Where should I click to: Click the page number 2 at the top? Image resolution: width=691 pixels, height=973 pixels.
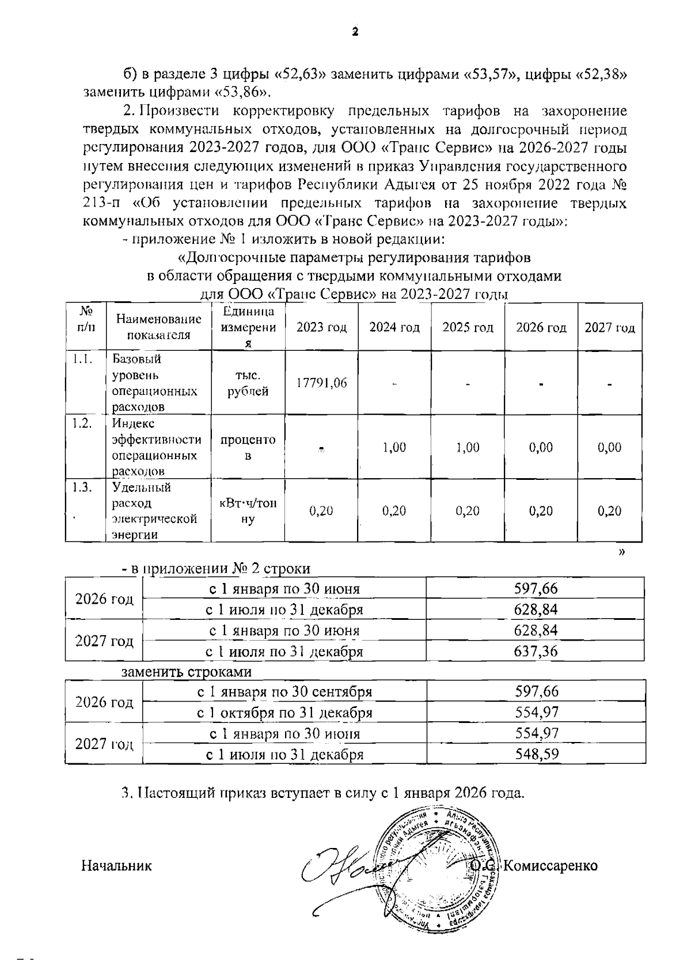[355, 31]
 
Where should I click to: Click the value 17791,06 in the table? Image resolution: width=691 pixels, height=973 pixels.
[321, 383]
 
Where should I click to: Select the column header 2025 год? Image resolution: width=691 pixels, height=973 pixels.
[468, 328]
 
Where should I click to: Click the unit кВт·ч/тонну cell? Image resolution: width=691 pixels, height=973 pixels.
[248, 510]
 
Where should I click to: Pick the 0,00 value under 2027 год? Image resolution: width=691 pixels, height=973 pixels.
[609, 447]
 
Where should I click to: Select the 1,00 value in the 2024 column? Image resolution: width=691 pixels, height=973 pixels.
[394, 447]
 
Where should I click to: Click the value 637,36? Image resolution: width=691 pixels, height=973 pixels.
[536, 652]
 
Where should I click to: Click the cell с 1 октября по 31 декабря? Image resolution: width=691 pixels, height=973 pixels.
[284, 713]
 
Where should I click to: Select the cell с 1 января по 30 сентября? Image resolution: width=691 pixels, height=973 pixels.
[284, 691]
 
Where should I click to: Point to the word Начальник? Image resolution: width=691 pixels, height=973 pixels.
[116, 865]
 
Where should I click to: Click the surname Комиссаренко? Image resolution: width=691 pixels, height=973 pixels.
[550, 865]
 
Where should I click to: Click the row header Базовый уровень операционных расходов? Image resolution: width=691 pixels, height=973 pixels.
[154, 383]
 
